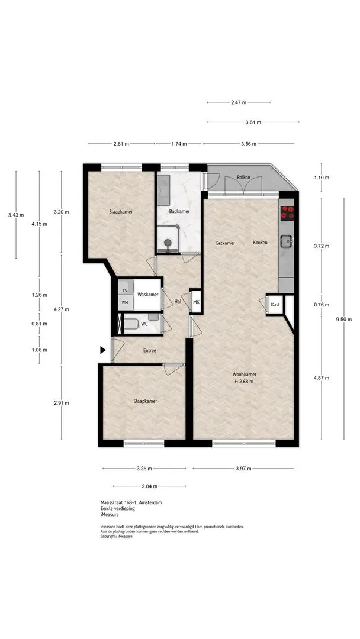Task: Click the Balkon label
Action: coord(243,177)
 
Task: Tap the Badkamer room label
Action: coord(179,211)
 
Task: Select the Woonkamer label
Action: coord(244,374)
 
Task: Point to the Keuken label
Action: coord(260,243)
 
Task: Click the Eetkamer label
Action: coord(226,243)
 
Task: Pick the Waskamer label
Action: coord(147,295)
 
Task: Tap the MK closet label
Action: coord(196,302)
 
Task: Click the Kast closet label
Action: coord(275,305)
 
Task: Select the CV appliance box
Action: coord(125,291)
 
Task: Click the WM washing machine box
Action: coord(125,302)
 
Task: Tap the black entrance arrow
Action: coord(104,350)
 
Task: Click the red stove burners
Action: coord(287,212)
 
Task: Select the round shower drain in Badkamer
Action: coord(167,243)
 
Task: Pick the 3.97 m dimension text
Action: coord(243,468)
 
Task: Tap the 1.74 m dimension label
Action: coord(179,143)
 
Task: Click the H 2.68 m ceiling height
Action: coord(244,382)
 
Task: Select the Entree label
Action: coord(150,350)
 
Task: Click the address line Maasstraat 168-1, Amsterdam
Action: coord(131,502)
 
